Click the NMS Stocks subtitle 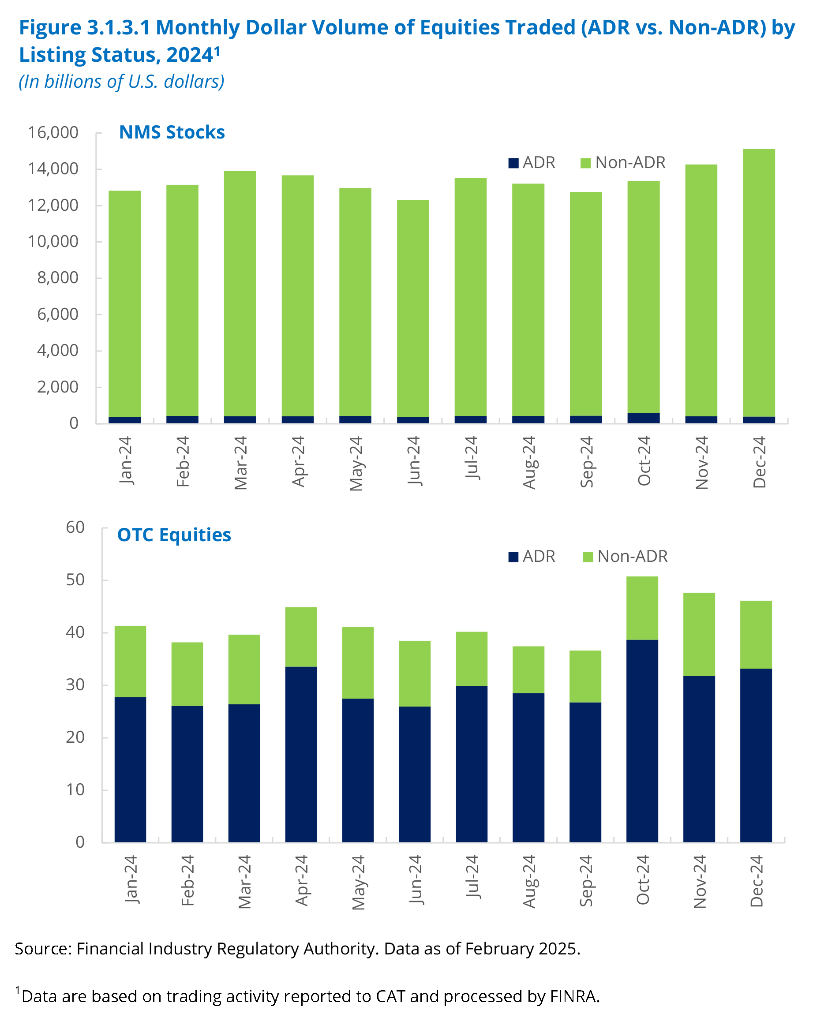(x=172, y=132)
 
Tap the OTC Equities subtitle (x=174, y=535)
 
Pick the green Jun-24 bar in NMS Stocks (x=412, y=308)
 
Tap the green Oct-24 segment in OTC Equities (x=642, y=608)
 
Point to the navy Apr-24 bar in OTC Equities (x=301, y=754)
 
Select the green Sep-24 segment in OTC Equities (x=585, y=676)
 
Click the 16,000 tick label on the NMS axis (x=53, y=133)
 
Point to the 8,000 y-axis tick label (x=58, y=278)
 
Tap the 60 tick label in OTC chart (x=75, y=527)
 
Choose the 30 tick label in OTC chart (x=75, y=685)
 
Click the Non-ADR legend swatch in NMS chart (x=586, y=163)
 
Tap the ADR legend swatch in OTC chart (x=513, y=557)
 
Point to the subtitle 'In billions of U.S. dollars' (x=122, y=82)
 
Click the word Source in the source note (x=43, y=949)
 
